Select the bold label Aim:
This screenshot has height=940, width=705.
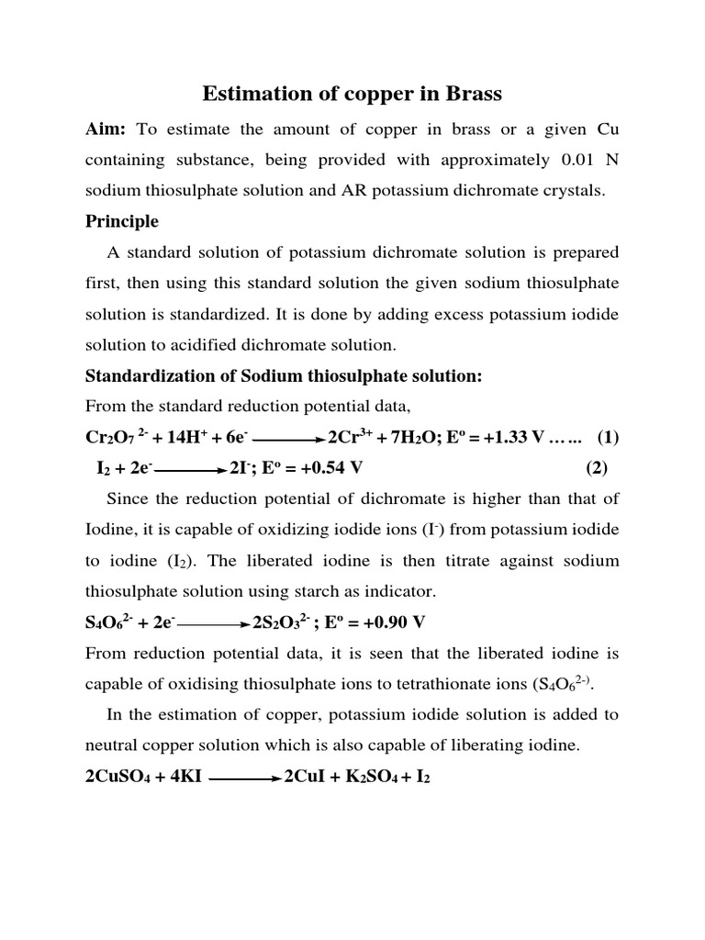coord(106,128)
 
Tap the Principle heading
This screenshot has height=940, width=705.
coord(122,221)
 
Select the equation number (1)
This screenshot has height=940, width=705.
coord(608,437)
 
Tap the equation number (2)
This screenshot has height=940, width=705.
coord(597,468)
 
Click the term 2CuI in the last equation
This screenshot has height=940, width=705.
coord(306,778)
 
